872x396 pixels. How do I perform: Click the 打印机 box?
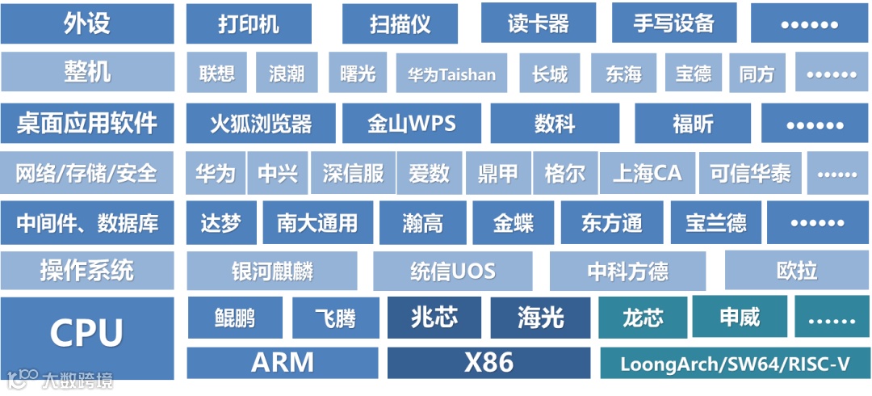coord(249,23)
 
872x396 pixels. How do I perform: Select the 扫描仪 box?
coord(400,23)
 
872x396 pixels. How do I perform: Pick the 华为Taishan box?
coord(451,74)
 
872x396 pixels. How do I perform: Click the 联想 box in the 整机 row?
coord(217,74)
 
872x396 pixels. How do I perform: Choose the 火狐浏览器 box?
coord(261,124)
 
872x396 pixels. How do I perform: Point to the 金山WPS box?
coord(412,124)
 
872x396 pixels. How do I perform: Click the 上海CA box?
coord(647,173)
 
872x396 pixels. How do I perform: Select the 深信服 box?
coord(353,173)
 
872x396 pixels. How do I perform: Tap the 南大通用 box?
coord(317,223)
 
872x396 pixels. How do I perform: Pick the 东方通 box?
coord(611,223)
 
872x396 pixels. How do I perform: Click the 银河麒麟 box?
coord(272,271)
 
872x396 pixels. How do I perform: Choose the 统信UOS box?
coord(452,271)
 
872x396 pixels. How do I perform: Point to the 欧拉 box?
coord(797,271)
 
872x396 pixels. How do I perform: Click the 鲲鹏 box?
coord(235,318)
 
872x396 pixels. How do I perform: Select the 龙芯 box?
coord(643,318)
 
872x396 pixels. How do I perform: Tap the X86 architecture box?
coord(489,363)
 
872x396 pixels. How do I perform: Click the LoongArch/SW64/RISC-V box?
coord(735,364)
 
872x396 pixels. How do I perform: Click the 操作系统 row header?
coord(86,271)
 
